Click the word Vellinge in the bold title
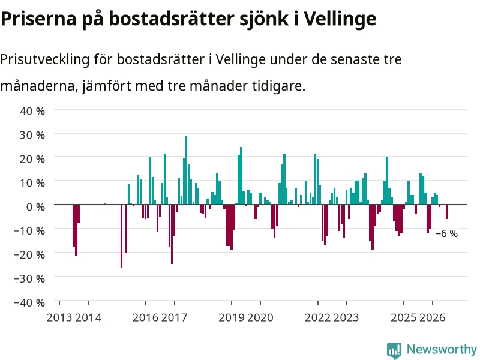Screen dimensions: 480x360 point(340,19)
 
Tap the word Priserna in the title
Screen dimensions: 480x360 point(38,19)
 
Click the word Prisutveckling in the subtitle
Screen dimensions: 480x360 point(44,59)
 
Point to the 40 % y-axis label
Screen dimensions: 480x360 point(32,111)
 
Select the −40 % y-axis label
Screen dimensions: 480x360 point(29,302)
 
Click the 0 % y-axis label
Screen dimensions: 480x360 point(35,207)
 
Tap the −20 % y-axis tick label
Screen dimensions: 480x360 point(29,254)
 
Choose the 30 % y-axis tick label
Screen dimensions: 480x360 point(32,135)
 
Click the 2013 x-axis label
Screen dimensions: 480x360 point(59,317)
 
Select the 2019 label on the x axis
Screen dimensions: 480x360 point(232,317)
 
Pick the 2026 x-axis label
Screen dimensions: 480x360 point(433,317)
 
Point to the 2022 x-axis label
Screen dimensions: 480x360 point(317,317)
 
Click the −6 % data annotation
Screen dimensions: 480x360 point(446,233)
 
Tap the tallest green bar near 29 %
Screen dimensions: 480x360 point(186,170)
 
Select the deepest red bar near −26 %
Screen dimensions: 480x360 point(122,236)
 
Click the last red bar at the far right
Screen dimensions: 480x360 point(446,212)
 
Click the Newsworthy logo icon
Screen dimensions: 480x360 point(394,350)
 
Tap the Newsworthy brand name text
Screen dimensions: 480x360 point(442,349)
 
